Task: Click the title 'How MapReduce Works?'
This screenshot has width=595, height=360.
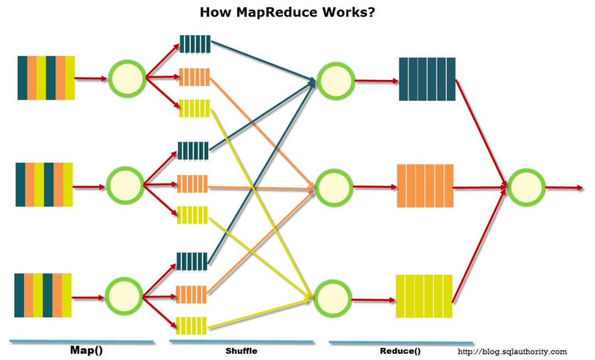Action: pos(287,12)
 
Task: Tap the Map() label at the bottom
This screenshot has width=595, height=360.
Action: pos(86,350)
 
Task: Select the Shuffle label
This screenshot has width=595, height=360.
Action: pos(241,351)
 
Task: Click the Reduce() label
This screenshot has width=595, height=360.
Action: pos(400,351)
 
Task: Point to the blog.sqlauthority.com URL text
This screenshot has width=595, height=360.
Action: pos(512,351)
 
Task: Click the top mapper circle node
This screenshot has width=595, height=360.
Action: pos(127,78)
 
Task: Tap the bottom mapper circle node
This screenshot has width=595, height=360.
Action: pos(123,296)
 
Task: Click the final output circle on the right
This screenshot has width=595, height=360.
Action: pos(526,188)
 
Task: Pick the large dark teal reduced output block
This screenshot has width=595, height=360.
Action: pos(427,79)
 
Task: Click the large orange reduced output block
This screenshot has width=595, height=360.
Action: pos(425,186)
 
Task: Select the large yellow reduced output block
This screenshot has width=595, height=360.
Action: pos(424,296)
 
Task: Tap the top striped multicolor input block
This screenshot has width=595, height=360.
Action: pos(46,78)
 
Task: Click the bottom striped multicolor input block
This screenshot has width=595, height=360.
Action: pos(43,295)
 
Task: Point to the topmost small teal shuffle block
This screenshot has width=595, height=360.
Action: pos(195,44)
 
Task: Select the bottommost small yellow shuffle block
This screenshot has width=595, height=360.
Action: pos(191,326)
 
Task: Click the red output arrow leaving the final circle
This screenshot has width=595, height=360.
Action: pos(564,188)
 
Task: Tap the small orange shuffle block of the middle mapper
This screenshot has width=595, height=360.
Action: pos(192,184)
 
